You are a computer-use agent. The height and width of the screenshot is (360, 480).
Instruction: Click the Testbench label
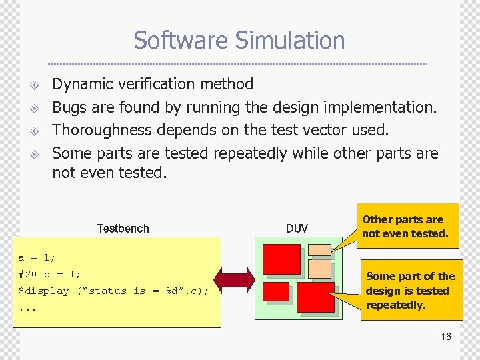(x=123, y=229)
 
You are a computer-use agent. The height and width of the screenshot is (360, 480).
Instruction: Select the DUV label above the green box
(x=297, y=229)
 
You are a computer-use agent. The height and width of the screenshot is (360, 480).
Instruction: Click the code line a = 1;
(x=37, y=257)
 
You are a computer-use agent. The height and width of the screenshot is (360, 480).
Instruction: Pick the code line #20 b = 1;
(x=50, y=274)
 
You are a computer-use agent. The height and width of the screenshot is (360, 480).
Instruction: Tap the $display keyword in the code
(x=43, y=291)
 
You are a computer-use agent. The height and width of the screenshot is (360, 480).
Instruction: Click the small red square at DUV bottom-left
(x=276, y=291)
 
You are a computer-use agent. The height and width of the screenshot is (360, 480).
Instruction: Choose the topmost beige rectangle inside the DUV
(x=320, y=249)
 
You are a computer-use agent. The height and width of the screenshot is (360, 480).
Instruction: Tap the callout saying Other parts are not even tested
(x=405, y=227)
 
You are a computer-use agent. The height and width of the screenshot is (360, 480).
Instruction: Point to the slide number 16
(x=445, y=337)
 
